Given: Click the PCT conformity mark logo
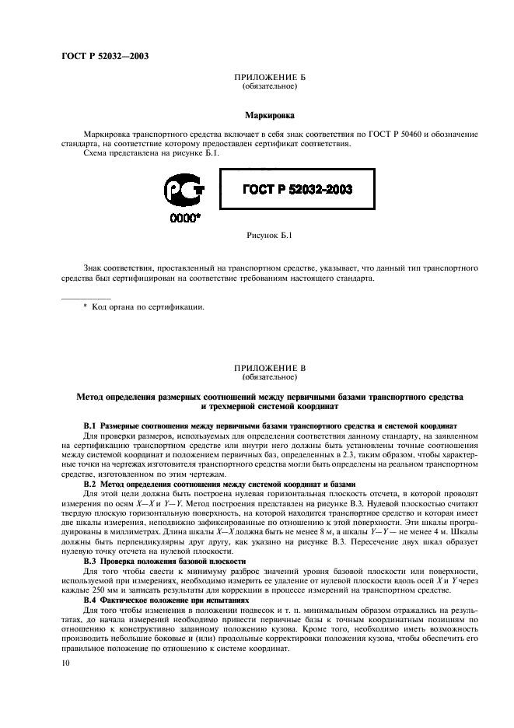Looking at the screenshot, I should click(184, 191).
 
